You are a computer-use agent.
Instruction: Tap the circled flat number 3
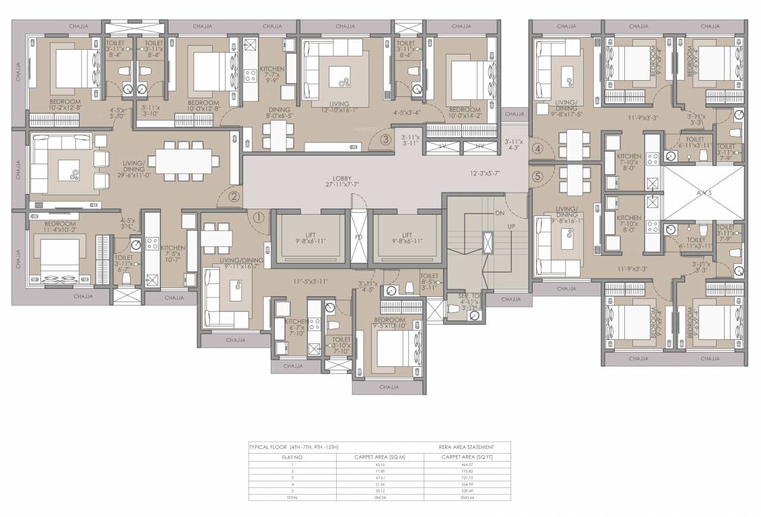pyautogui.click(x=385, y=140)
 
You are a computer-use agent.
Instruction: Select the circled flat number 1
pyautogui.click(x=260, y=217)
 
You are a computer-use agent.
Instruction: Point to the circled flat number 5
pyautogui.click(x=537, y=176)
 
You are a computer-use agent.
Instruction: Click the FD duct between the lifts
pyautogui.click(x=359, y=238)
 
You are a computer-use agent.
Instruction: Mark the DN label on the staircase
pyautogui.click(x=500, y=213)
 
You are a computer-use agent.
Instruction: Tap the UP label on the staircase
pyautogui.click(x=511, y=226)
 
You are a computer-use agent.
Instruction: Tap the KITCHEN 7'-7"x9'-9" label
pyautogui.click(x=273, y=73)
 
